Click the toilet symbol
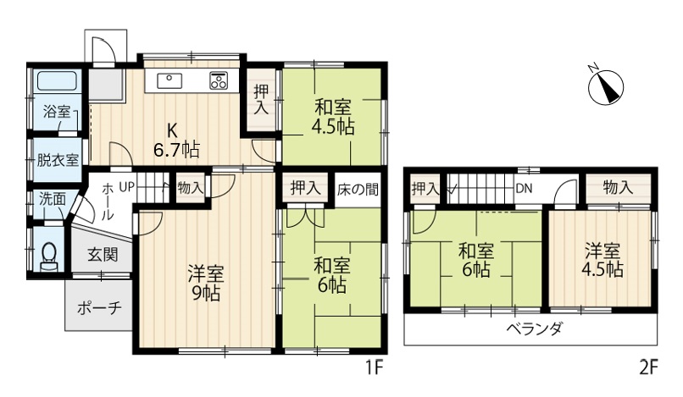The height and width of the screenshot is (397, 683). tap(49, 256)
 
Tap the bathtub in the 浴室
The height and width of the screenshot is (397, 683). tap(57, 81)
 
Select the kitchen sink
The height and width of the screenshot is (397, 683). tap(169, 81)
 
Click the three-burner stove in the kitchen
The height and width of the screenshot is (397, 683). tap(219, 80)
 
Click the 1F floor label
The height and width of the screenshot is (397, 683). tap(374, 368)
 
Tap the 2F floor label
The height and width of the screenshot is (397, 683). tap(648, 368)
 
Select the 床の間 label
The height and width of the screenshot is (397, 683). tap(358, 190)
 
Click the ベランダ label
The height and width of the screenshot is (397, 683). tap(535, 328)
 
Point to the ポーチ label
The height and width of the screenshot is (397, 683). tap(99, 308)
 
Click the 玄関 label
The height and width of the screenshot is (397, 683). tap(103, 255)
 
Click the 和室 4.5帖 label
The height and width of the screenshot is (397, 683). tap(332, 117)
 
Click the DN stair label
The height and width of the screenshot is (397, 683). tap(524, 189)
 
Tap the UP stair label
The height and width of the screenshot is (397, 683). tap(127, 187)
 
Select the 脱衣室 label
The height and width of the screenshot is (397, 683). tap(58, 160)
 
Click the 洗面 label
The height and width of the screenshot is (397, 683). tap(53, 200)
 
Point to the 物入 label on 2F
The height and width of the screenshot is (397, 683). tap(618, 188)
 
